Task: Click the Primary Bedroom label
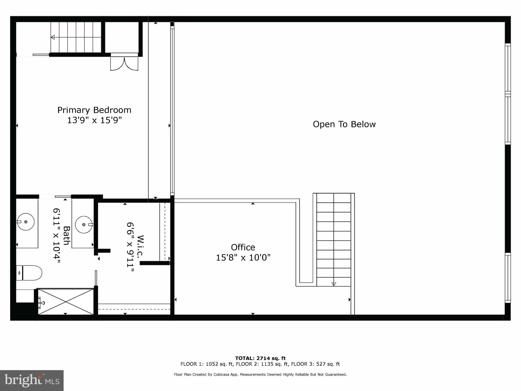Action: click(x=94, y=110)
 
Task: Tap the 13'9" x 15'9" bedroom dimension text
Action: click(x=94, y=120)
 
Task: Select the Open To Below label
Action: click(x=344, y=124)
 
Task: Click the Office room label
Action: click(x=243, y=247)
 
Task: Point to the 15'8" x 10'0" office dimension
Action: click(x=243, y=258)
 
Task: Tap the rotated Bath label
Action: click(x=67, y=235)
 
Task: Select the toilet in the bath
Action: click(x=29, y=273)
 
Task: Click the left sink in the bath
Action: click(x=25, y=222)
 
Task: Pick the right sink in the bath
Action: click(x=84, y=225)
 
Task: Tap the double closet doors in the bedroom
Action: click(x=124, y=64)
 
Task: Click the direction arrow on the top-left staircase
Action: click(x=53, y=37)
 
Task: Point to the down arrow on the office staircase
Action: click(x=334, y=284)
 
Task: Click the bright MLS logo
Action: click(x=32, y=380)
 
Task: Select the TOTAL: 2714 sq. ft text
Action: click(x=260, y=358)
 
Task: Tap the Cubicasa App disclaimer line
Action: click(x=260, y=374)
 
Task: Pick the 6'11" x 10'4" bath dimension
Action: click(x=56, y=235)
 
